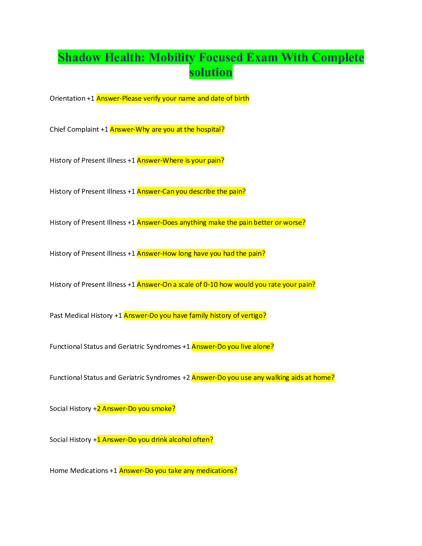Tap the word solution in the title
point(211,72)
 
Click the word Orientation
point(67,99)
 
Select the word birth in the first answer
point(242,99)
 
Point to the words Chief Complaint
point(74,130)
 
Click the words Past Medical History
point(81,316)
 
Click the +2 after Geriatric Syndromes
point(186,378)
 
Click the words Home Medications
point(79,471)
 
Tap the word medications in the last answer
point(217,471)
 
